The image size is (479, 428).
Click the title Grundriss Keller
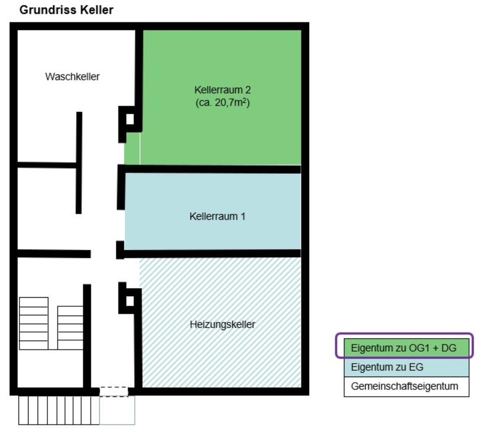66,9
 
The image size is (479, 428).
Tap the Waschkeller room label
72,77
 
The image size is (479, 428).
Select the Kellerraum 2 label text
222,90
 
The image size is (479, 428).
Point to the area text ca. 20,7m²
222,104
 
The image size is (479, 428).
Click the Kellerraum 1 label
217,217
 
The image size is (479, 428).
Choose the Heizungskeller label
223,325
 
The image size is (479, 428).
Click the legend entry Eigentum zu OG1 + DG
404,348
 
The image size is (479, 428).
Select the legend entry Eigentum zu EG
387,367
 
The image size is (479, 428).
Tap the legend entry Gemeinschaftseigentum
405,386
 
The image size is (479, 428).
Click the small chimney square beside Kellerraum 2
130,119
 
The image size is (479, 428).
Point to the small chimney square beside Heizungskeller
130,301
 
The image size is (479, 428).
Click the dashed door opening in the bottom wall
114,391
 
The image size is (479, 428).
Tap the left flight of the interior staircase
34,323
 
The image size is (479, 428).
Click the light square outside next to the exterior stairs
117,411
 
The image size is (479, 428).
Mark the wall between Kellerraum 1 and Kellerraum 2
212,169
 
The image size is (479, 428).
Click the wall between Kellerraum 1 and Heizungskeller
212,253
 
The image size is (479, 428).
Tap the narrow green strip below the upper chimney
132,148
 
